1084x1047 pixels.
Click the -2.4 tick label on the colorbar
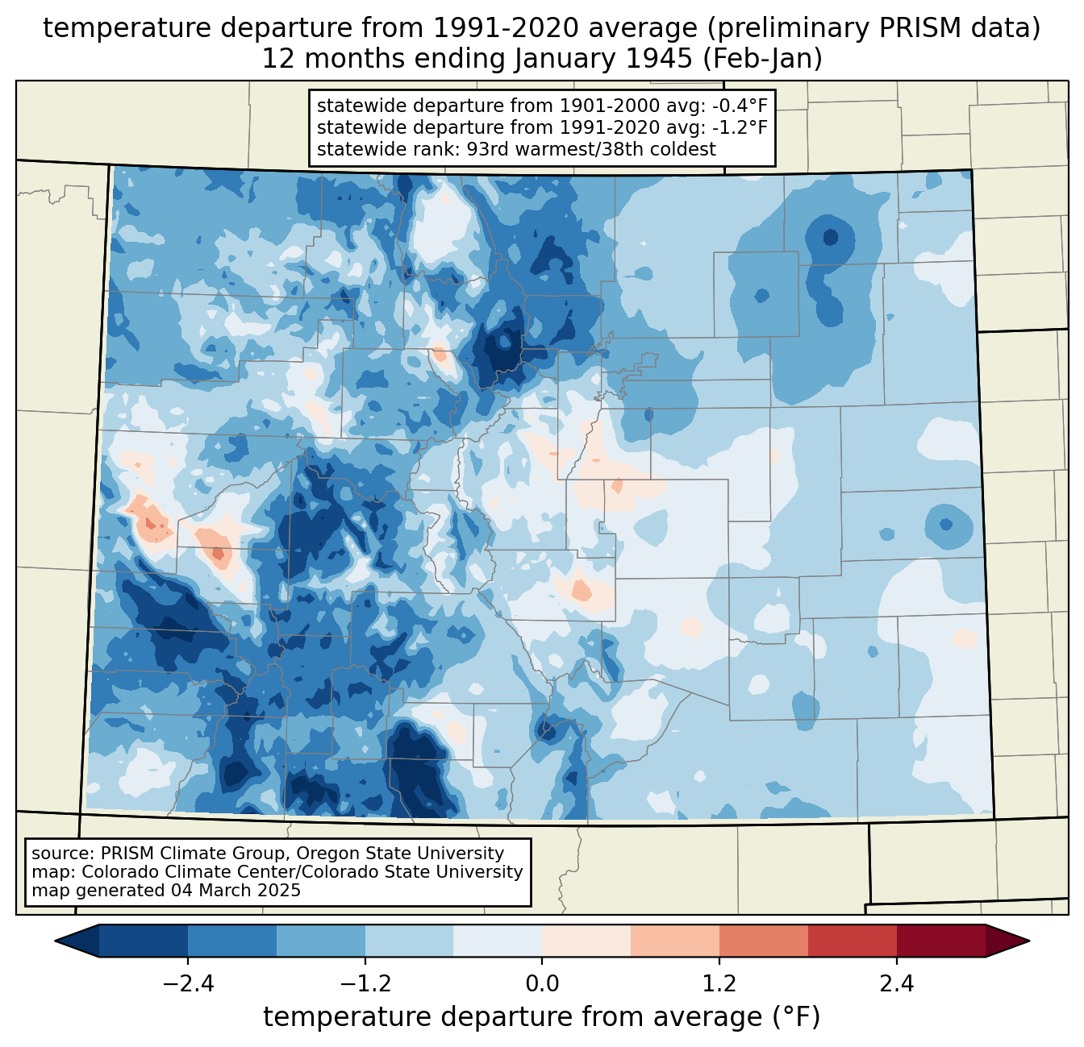tap(188, 984)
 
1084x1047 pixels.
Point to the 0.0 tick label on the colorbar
tap(542, 984)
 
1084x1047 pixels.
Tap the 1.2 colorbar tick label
tap(719, 984)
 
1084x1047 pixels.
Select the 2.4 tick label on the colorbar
tap(897, 984)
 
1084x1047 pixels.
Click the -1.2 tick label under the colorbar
tap(365, 984)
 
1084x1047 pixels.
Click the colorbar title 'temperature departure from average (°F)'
tap(542, 1017)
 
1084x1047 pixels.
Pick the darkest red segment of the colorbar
tap(940, 941)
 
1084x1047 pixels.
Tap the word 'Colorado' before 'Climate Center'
tap(115, 872)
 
